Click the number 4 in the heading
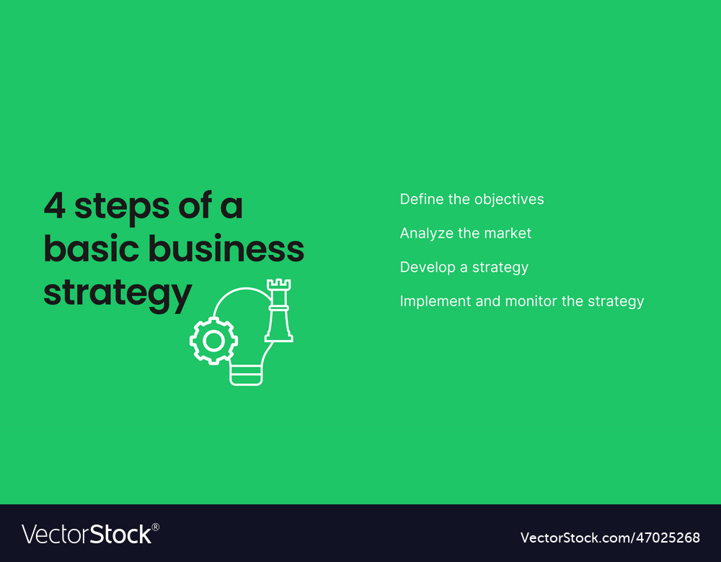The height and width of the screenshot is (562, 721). tap(55, 207)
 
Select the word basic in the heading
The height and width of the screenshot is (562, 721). tap(90, 249)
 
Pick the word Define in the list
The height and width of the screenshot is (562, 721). tap(421, 199)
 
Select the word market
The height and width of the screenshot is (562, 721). tap(508, 233)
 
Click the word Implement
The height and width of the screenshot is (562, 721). tap(435, 302)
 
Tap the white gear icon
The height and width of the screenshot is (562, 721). tap(213, 340)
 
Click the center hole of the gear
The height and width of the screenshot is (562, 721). tap(213, 340)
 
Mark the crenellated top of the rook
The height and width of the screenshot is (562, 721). tap(278, 285)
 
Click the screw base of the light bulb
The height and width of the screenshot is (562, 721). tap(246, 374)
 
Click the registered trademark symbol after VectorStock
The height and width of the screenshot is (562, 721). tap(156, 527)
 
